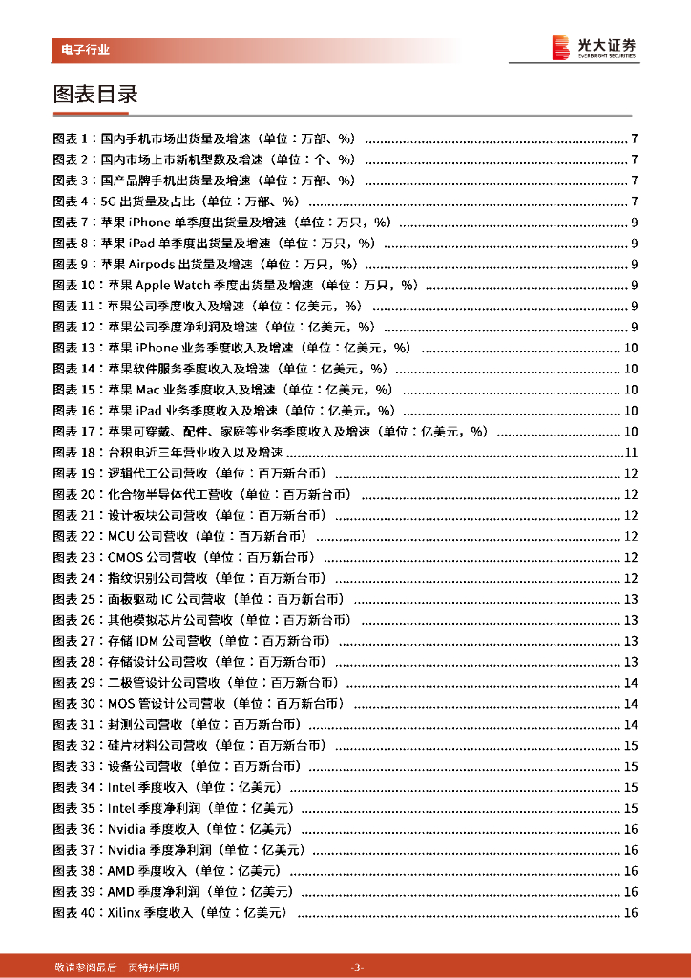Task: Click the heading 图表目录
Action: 96,95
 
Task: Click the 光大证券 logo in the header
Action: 595,47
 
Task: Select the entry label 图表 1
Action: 73,138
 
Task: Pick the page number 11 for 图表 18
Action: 630,453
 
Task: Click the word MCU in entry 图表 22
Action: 121,537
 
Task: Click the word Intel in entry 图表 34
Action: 119,788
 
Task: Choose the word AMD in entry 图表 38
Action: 121,871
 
